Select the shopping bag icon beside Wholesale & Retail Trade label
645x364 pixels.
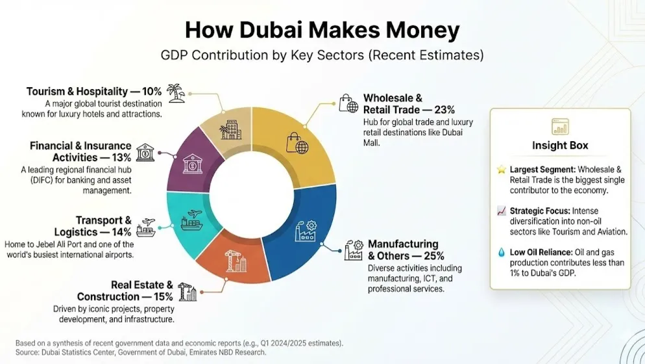[x=348, y=103]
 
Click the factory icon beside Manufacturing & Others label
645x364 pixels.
[x=353, y=249]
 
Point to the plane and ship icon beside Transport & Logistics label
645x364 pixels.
[x=146, y=226]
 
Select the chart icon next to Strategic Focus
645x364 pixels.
[x=501, y=211]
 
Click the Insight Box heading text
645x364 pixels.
[x=560, y=145]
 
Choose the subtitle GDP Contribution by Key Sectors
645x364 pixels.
[x=322, y=55]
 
